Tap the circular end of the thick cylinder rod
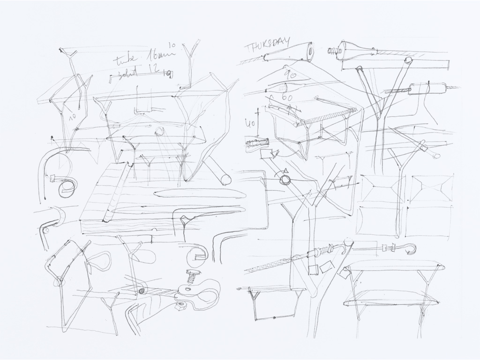225,180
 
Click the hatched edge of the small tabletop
328,117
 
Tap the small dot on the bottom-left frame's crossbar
274,317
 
